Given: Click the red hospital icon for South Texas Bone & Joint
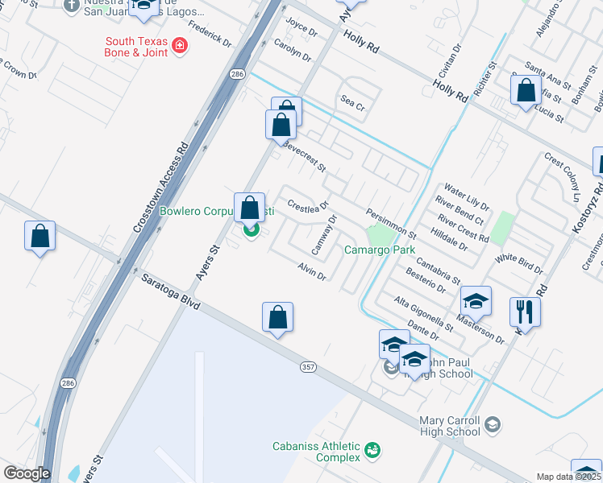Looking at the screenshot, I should pos(180,46).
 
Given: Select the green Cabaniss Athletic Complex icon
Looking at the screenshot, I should pos(372,449).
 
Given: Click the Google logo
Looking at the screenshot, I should pos(27,473).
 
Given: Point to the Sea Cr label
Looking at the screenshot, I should pos(353,103).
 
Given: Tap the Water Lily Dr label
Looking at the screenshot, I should pos(467,192).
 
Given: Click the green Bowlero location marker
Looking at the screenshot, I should pos(251,231).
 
